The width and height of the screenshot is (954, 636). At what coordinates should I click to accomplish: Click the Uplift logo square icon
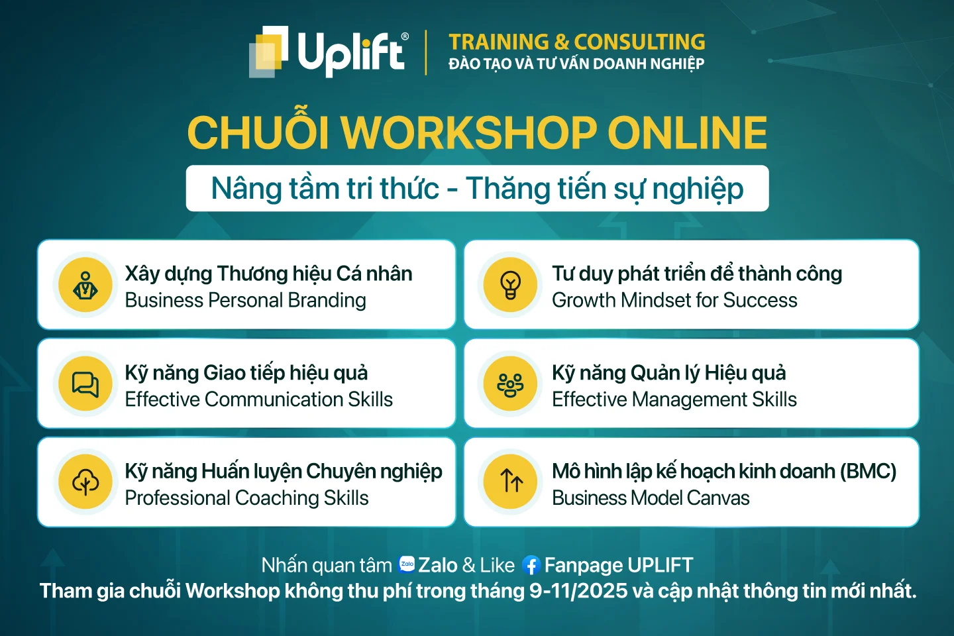(268, 52)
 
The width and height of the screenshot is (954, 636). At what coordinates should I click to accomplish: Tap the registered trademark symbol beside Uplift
(405, 36)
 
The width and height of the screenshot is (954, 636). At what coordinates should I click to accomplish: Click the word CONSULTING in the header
(640, 42)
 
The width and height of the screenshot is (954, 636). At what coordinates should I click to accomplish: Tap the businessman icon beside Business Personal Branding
(85, 285)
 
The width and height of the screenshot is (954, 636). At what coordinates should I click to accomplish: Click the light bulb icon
(510, 285)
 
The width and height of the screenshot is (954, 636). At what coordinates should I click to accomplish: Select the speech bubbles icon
(85, 384)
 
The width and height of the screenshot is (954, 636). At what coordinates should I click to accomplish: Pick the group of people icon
(510, 385)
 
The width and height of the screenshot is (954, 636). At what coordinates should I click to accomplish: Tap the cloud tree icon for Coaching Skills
(85, 482)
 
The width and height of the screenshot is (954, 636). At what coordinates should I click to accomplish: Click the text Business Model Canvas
(651, 498)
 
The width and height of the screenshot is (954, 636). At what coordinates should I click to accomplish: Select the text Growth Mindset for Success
(674, 300)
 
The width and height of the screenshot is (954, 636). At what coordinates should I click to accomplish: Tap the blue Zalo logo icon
(407, 564)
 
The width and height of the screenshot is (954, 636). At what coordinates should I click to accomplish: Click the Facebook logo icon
(531, 565)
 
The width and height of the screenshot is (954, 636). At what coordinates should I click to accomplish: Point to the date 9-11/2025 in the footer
(578, 591)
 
